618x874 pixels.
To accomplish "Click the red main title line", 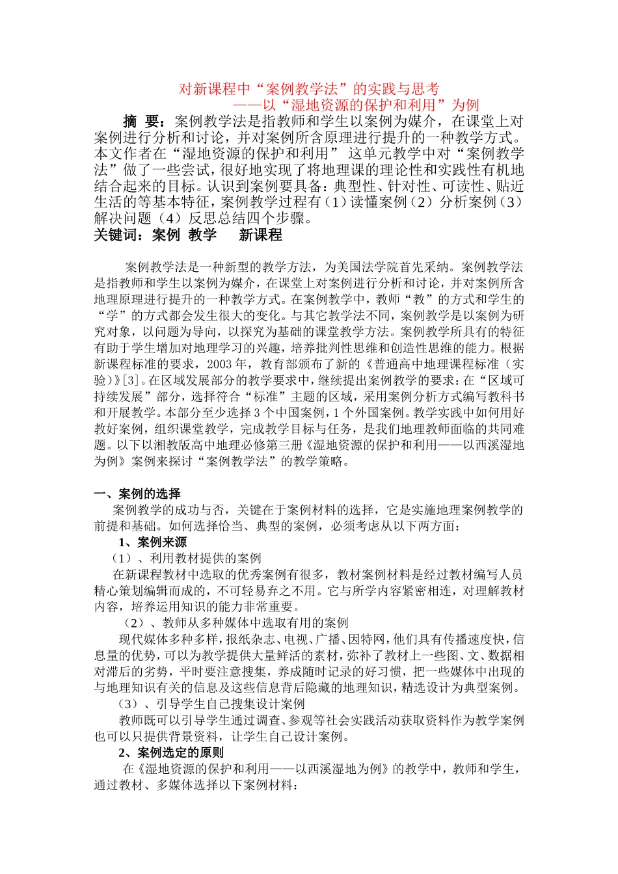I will point(309,89).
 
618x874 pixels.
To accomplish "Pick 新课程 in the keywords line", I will point(260,235).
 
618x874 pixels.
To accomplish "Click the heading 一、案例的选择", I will point(137,494).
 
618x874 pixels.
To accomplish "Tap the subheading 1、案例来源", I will point(152,542).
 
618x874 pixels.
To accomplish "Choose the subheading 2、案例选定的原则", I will point(171,753).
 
